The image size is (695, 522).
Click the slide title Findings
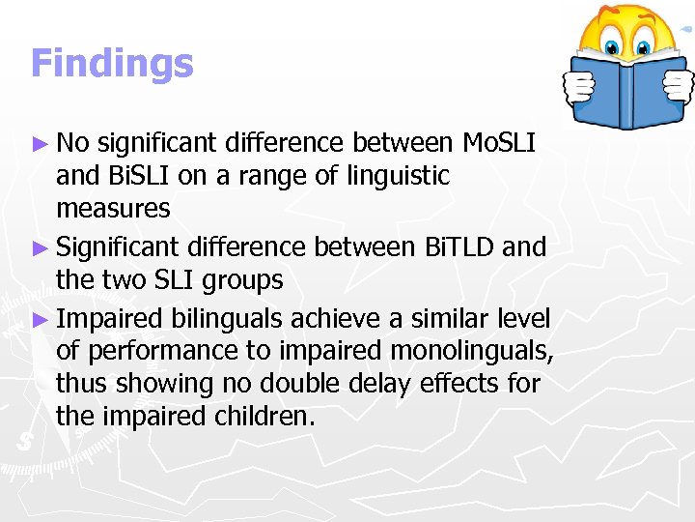pyautogui.click(x=112, y=64)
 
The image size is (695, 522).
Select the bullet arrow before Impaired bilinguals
pyautogui.click(x=41, y=318)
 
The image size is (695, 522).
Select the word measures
pyautogui.click(x=113, y=209)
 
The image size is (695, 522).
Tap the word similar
pyautogui.click(x=447, y=318)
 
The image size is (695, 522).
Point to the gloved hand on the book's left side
pyautogui.click(x=578, y=88)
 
